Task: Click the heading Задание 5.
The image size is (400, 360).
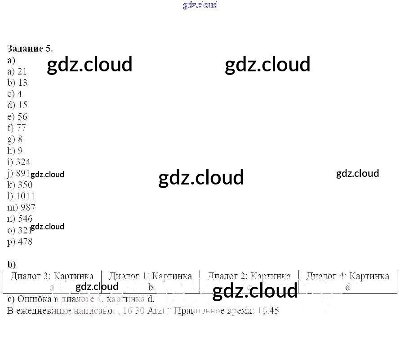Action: coord(30,48)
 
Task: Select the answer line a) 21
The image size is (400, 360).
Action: coord(17,71)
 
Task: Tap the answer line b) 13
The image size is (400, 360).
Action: coord(17,83)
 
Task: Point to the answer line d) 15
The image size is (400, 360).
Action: coord(17,105)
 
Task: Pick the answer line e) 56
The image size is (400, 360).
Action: coord(17,117)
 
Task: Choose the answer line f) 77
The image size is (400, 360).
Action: coord(17,128)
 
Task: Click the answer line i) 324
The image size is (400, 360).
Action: coord(18,162)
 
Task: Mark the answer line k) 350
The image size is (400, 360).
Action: coord(20,185)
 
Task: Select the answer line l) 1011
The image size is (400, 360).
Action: coord(21,196)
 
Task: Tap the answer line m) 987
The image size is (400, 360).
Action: coord(21,207)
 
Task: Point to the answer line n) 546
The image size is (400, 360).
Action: coord(20,219)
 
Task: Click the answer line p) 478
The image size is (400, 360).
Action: coord(20,241)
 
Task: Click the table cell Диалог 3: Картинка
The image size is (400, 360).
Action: coord(52,277)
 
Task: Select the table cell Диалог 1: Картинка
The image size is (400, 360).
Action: coord(151,277)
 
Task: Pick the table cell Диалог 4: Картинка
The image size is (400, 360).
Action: coord(347,277)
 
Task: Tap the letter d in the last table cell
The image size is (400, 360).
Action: coord(347,287)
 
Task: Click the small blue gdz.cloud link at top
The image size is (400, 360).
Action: coord(200,5)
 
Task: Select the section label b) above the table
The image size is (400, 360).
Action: coord(11,264)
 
